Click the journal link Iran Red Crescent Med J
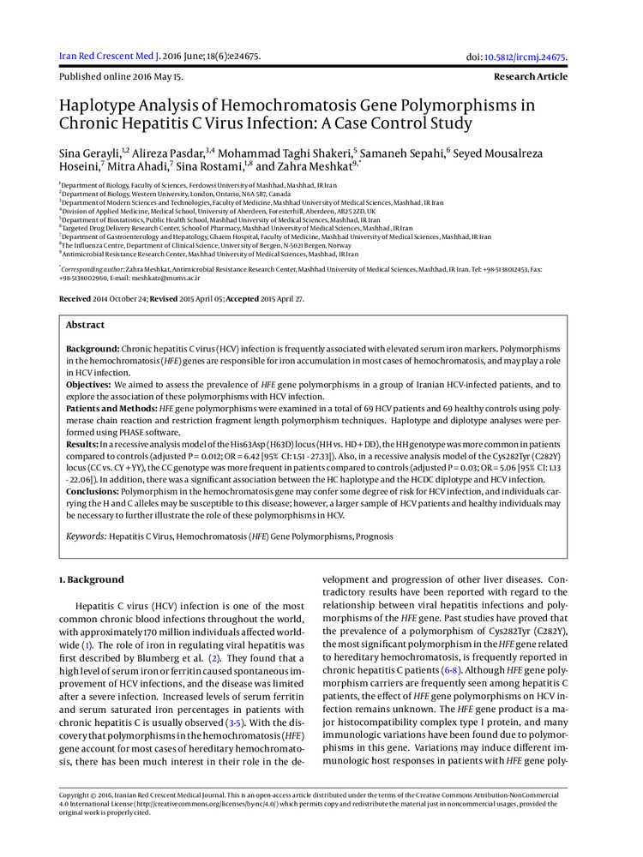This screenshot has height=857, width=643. pos(108,57)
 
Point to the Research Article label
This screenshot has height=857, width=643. pos(530,77)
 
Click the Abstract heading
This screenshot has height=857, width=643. pos(86,326)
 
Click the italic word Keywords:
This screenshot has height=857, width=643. pos(87,536)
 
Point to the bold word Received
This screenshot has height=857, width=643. pos(75,298)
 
